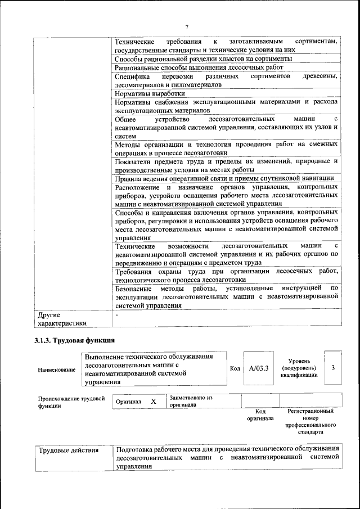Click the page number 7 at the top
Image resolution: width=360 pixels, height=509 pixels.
tap(187, 26)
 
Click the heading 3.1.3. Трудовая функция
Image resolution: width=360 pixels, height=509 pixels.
tap(74, 340)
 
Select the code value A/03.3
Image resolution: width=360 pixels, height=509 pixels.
tap(259, 368)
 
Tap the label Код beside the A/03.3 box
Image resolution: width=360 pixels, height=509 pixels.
tap(235, 368)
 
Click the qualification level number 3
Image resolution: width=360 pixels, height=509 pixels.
tap(333, 368)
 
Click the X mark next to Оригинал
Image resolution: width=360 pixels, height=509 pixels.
tap(153, 402)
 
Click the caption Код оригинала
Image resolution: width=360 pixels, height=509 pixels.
tap(260, 415)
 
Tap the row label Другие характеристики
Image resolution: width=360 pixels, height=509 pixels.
tap(61, 319)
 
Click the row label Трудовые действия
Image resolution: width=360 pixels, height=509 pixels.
tap(68, 450)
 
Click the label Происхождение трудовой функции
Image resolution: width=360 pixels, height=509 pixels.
tap(71, 402)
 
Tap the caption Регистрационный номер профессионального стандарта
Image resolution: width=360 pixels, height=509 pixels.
tap(310, 422)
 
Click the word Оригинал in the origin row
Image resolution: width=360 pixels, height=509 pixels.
tap(128, 402)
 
